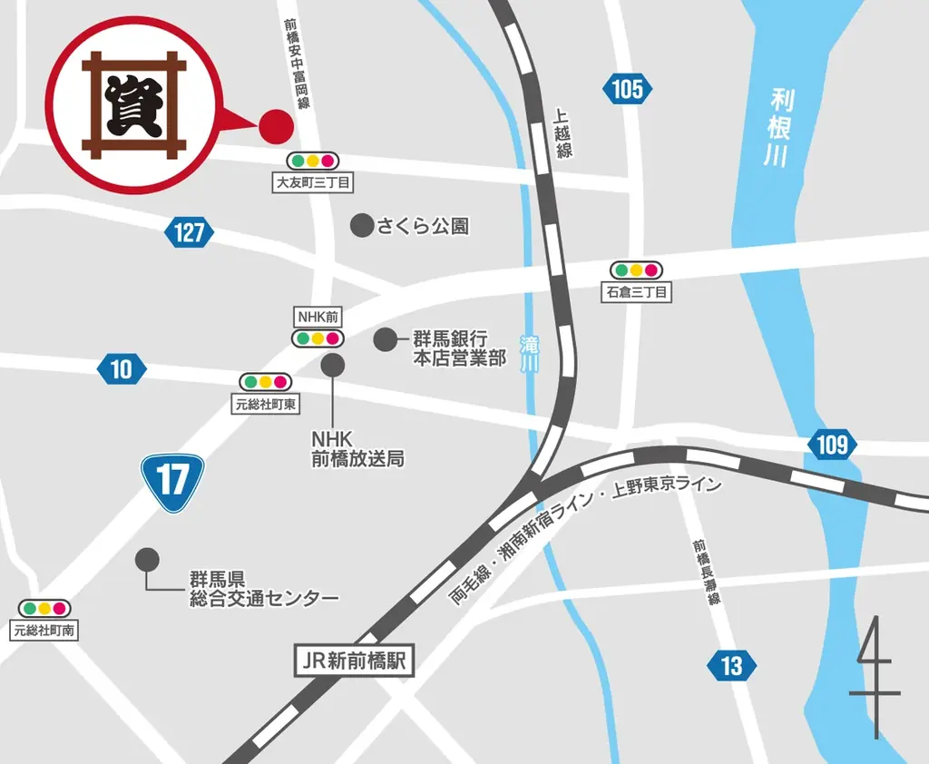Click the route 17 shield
tap(172, 482)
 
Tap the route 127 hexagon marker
tap(189, 232)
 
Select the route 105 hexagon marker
tap(626, 89)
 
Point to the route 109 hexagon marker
tap(831, 445)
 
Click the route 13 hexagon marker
tap(731, 666)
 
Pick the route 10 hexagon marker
tap(121, 368)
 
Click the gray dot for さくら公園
tap(362, 225)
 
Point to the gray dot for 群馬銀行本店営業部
tap(386, 339)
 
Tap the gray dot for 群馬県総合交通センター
tap(146, 559)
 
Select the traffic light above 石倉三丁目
tap(636, 270)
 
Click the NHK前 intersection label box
tap(318, 318)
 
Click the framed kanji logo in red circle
tap(134, 104)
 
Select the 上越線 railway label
tap(563, 133)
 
